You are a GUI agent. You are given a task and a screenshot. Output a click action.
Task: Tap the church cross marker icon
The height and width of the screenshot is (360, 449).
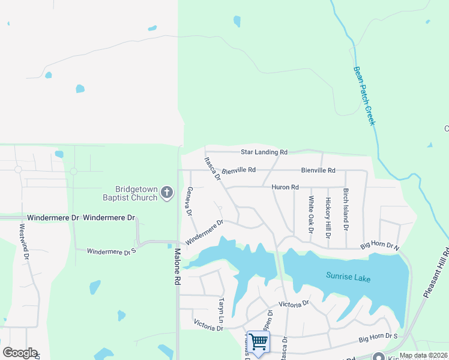pyautogui.click(x=167, y=193)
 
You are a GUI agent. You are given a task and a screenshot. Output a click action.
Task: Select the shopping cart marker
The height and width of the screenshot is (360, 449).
pyautogui.click(x=258, y=342)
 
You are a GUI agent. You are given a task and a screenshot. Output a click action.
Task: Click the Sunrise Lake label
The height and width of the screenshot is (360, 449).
pyautogui.click(x=348, y=277)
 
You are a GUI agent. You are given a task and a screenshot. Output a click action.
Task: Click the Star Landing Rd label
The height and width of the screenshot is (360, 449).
pyautogui.click(x=264, y=152)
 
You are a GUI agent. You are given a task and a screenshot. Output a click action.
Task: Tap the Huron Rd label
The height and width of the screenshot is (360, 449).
pyautogui.click(x=285, y=187)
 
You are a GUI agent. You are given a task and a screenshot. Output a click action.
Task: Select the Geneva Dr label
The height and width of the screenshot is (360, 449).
pyautogui.click(x=189, y=202)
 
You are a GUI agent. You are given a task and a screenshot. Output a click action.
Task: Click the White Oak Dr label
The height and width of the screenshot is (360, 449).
pyautogui.click(x=311, y=214)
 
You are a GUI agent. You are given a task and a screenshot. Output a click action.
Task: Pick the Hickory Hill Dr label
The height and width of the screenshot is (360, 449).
pyautogui.click(x=328, y=217)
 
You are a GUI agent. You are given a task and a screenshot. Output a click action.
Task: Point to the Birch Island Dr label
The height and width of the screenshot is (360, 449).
pyautogui.click(x=346, y=209)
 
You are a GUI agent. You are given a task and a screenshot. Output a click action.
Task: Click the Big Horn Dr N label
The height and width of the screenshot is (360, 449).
pyautogui.click(x=379, y=246)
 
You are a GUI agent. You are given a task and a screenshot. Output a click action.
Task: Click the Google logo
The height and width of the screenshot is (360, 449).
pyautogui.click(x=20, y=353)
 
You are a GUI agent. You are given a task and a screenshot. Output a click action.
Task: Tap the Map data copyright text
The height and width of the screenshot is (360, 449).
pyautogui.click(x=423, y=355)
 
